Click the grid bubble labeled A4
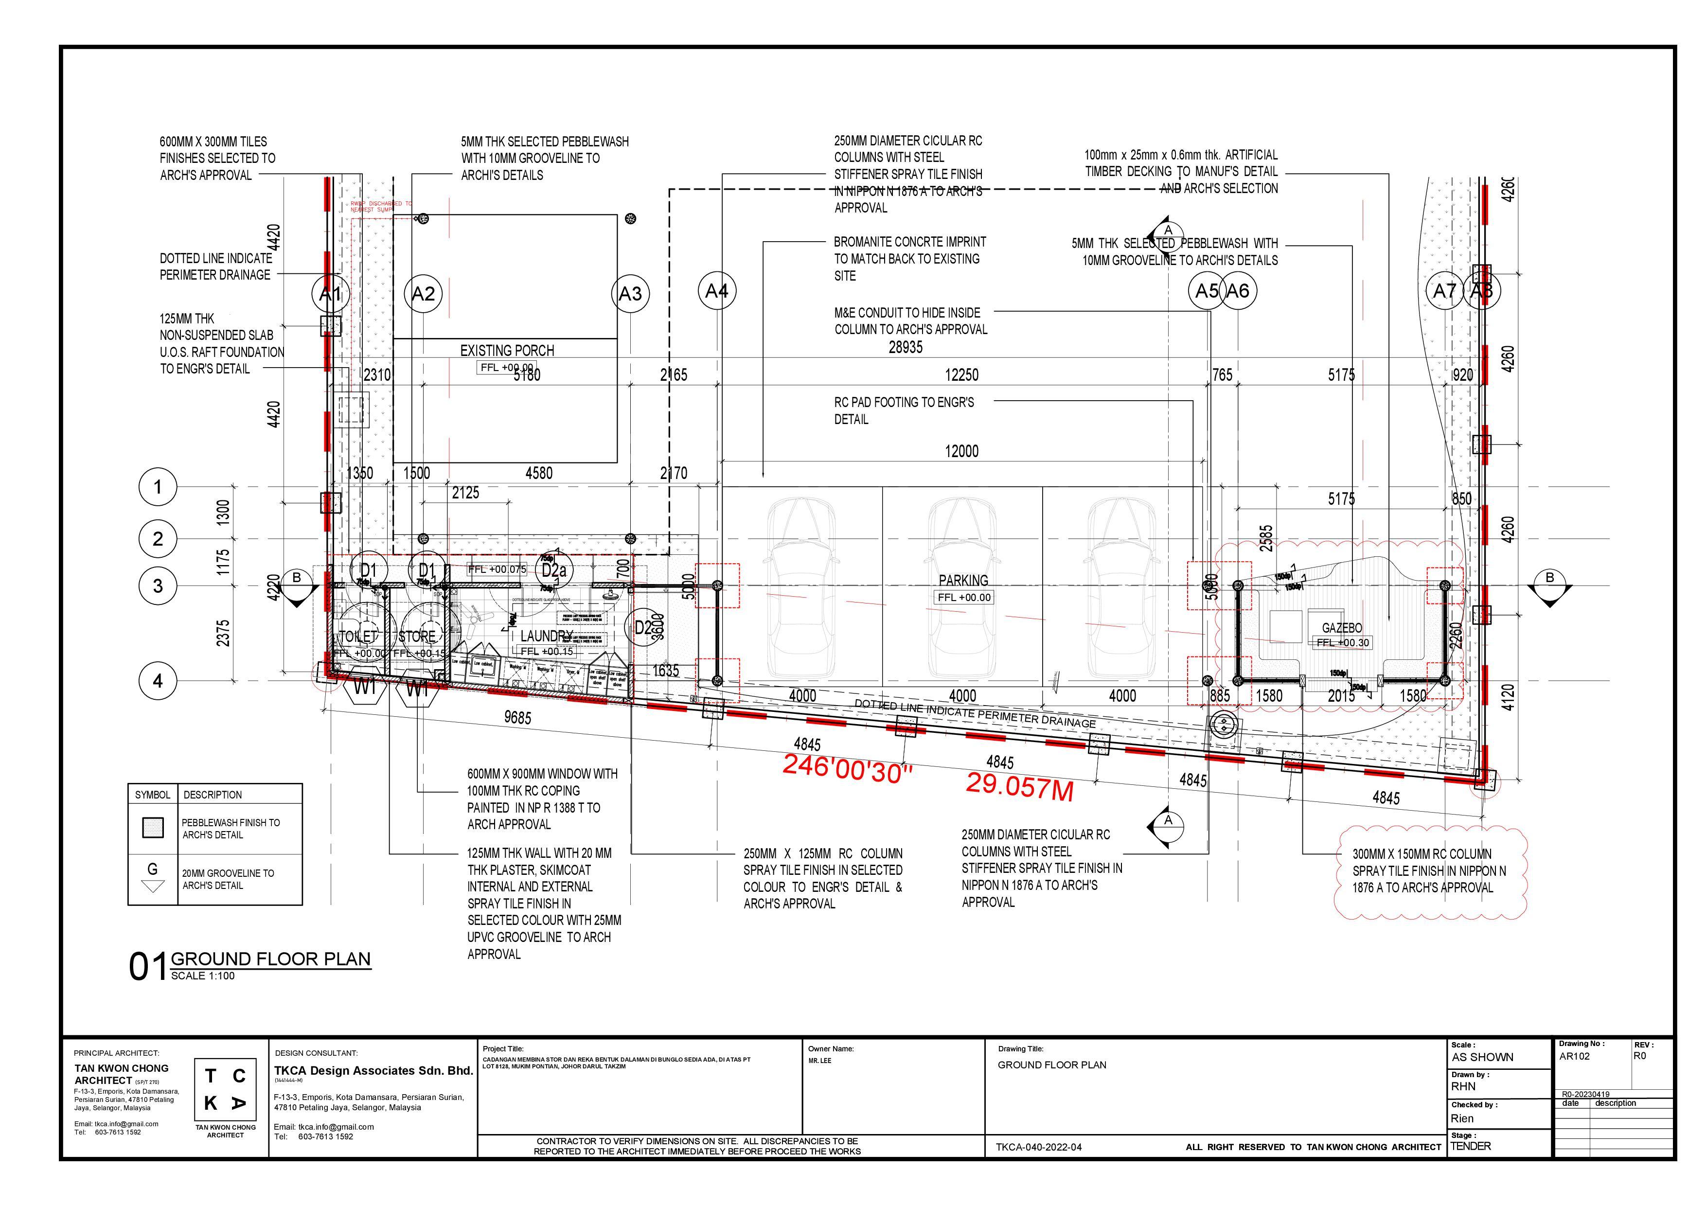716,291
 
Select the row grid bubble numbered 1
158,487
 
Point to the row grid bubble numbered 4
158,681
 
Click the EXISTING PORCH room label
507,350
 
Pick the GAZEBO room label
1342,628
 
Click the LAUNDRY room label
546,636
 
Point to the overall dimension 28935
906,347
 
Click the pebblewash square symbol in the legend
153,828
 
